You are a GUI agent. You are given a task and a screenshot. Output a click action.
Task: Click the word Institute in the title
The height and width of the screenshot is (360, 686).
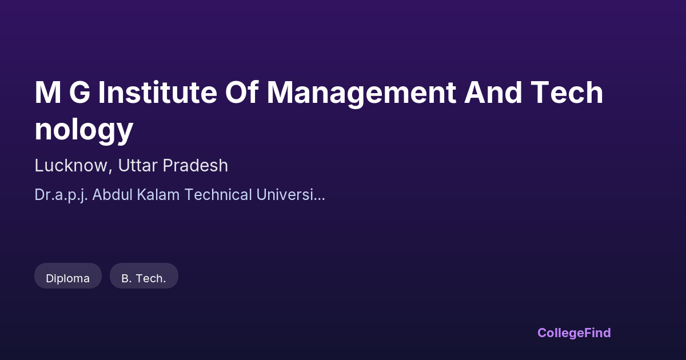(x=158, y=93)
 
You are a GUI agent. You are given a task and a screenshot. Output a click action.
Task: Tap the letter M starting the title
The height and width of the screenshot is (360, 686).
(x=48, y=93)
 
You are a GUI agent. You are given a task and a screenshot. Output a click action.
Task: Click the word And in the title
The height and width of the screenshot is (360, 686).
(x=493, y=93)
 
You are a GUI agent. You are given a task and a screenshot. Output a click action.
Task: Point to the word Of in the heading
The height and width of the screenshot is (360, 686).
(x=242, y=92)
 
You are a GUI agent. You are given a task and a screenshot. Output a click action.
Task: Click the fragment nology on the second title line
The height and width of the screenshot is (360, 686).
(x=84, y=130)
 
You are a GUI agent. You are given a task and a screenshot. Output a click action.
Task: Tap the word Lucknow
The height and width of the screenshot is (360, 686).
(x=71, y=165)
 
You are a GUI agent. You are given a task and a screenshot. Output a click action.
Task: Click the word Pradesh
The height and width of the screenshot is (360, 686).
(x=196, y=165)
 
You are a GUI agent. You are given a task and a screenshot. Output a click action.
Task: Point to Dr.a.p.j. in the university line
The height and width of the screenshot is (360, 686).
(x=61, y=195)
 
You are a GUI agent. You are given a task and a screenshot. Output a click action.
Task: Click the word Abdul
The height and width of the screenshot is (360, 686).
(x=113, y=194)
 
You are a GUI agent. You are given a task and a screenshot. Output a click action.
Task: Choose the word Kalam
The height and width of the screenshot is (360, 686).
(x=158, y=194)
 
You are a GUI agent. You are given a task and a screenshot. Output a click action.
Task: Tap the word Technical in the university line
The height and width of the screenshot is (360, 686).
(x=218, y=194)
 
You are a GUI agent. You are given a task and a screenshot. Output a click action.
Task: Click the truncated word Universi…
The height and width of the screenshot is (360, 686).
(x=290, y=194)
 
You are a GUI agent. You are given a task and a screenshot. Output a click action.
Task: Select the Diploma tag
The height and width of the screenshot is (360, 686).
(x=67, y=276)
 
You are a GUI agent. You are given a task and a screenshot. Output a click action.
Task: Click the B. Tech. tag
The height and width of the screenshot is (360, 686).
(x=144, y=276)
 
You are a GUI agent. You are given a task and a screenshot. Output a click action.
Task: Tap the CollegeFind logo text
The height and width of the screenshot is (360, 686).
(x=574, y=333)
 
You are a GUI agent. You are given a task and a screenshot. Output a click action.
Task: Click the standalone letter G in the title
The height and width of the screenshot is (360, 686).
(x=79, y=93)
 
